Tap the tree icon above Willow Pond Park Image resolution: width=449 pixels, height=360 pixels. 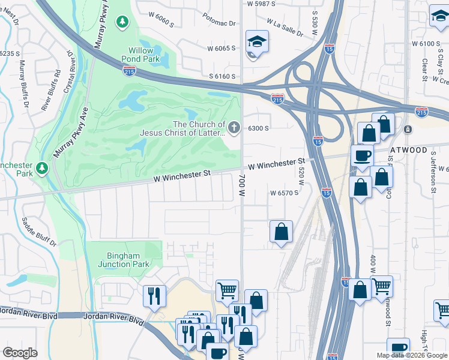coord(122,22)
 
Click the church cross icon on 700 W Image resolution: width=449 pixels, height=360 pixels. coord(234,128)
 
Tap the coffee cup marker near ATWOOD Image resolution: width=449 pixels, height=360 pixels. coord(362,156)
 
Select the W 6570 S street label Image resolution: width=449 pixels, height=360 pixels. coord(284,193)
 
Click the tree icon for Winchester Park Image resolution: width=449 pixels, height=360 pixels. coord(41,166)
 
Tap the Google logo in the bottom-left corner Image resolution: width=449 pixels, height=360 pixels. coord(20,353)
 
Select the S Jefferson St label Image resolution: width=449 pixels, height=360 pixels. coord(433,173)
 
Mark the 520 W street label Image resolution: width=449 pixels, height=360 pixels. coord(301,176)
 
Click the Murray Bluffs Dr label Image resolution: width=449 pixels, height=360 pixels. coord(24,84)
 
